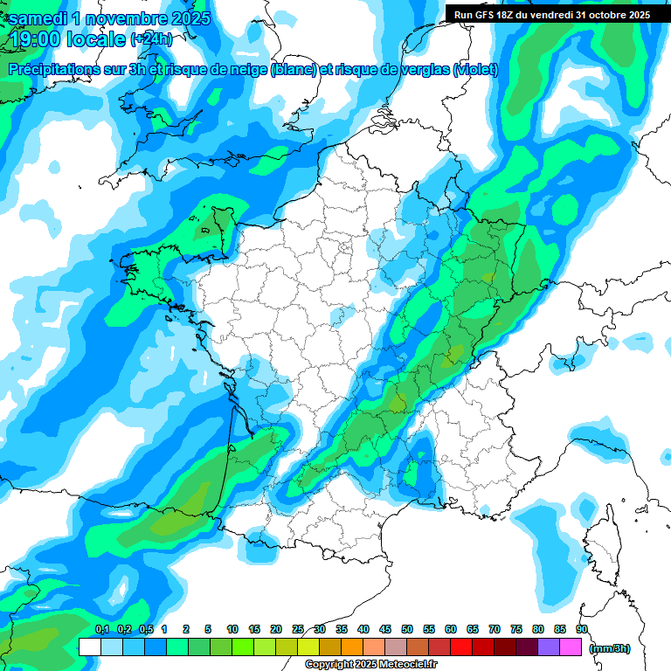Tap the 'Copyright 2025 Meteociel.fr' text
(x=371, y=665)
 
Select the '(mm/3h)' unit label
(x=610, y=647)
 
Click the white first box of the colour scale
(x=89, y=647)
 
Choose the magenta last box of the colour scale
(x=571, y=647)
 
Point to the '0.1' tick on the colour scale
(x=101, y=629)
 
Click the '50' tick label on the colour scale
(x=407, y=629)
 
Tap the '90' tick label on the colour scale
(x=582, y=629)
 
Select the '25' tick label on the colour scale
(x=298, y=629)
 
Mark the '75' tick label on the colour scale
(x=516, y=629)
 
